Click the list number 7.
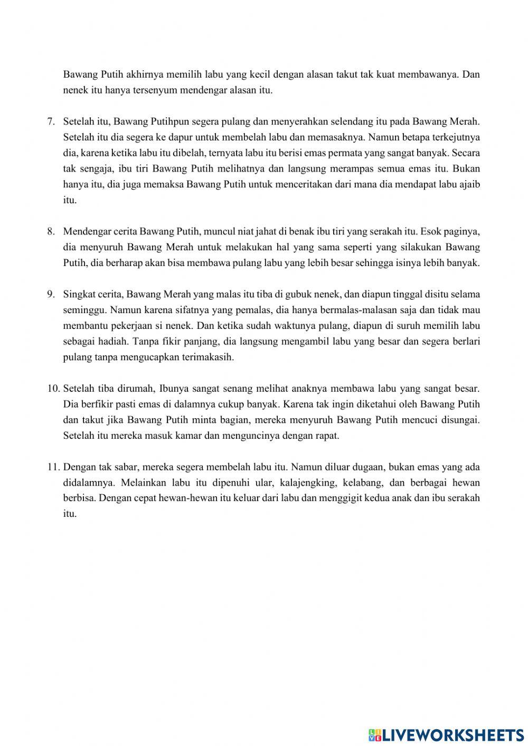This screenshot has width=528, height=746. coord(51,121)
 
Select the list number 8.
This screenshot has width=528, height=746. coord(51,231)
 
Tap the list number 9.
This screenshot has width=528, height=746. coord(51,294)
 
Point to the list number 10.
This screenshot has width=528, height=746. coord(53,389)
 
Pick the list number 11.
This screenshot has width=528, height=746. coord(53,467)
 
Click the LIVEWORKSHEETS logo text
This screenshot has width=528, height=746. coord(453,734)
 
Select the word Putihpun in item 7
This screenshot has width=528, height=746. coord(156,121)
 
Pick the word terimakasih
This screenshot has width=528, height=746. coord(206,357)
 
